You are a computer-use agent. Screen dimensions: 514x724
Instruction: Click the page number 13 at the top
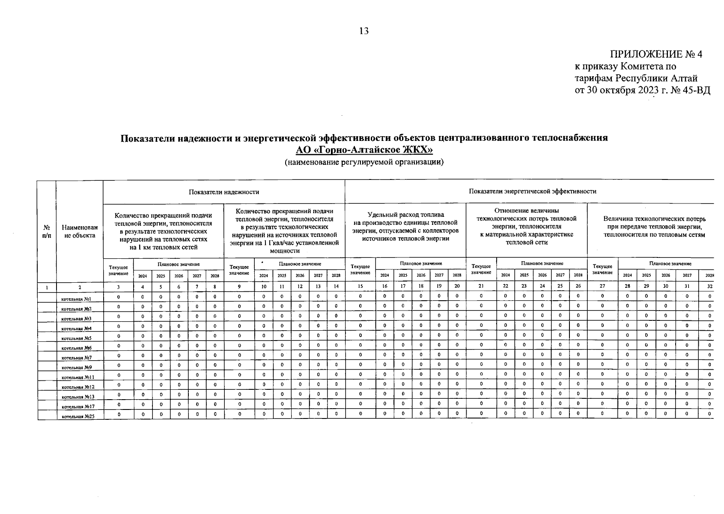click(364, 31)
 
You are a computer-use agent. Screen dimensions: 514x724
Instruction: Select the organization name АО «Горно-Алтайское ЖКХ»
click(364, 150)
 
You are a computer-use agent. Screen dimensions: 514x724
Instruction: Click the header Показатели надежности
click(224, 191)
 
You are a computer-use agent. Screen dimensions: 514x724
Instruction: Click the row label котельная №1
click(76, 299)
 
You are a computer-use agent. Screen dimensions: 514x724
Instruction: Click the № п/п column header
click(46, 231)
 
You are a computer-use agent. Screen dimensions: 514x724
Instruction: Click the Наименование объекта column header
click(79, 231)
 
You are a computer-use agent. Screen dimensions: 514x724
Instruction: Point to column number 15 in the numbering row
click(360, 287)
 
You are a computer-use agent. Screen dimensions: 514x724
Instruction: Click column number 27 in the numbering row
click(602, 287)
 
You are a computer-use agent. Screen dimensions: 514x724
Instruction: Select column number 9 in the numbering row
click(239, 287)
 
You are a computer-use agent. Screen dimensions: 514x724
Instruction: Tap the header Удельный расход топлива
click(405, 215)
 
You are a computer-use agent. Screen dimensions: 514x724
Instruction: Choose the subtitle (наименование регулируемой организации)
click(364, 162)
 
